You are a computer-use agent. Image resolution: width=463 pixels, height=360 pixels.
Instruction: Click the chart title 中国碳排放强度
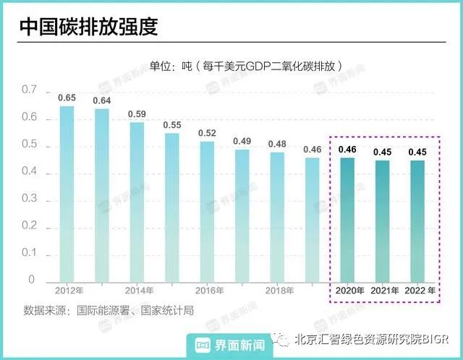point(88,27)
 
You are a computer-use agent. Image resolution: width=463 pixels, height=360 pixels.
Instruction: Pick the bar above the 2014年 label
point(137,201)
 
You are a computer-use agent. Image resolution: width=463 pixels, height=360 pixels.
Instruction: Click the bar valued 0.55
point(171,207)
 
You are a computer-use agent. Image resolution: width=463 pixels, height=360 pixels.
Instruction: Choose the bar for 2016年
point(207,211)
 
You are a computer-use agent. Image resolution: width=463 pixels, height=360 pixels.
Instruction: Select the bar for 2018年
point(277,216)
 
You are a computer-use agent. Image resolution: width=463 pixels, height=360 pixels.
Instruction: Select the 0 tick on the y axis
point(31,280)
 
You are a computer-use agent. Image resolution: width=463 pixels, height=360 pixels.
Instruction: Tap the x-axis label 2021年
point(384,291)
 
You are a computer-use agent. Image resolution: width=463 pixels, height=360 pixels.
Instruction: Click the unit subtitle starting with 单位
point(245,65)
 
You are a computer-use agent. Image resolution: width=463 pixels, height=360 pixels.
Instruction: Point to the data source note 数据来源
point(109,310)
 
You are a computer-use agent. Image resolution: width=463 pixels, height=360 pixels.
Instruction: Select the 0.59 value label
point(137,113)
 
